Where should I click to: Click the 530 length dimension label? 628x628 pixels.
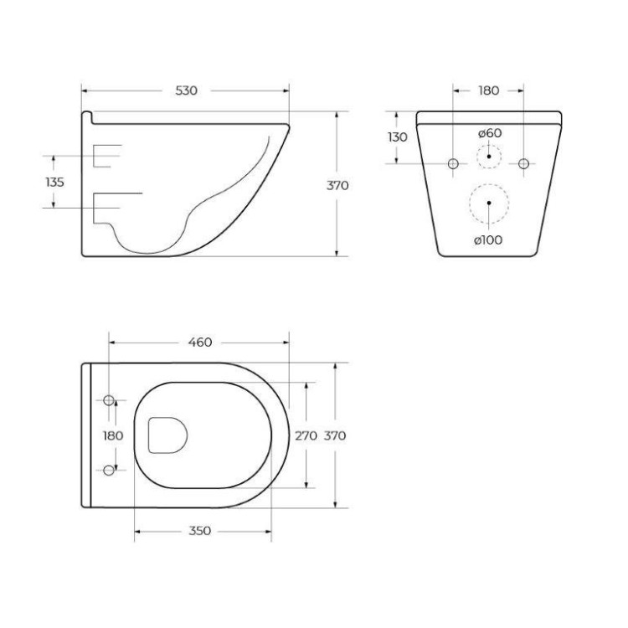[186, 90]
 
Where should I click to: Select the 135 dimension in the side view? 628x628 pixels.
[54, 182]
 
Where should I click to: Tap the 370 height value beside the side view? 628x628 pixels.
[337, 185]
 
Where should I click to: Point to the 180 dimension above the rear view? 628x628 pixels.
[488, 90]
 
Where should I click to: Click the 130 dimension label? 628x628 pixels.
[398, 137]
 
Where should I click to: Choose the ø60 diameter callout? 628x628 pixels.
[490, 133]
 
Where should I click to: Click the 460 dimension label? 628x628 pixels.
[200, 342]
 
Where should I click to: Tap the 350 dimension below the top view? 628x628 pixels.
[199, 531]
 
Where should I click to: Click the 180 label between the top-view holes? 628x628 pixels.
[112, 435]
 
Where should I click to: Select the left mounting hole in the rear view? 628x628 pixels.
[453, 162]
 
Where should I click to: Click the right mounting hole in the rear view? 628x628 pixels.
[524, 162]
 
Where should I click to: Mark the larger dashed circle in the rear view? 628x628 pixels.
[489, 203]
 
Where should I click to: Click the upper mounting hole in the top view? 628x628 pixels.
[109, 399]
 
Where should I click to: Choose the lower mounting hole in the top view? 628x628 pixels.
[109, 470]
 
